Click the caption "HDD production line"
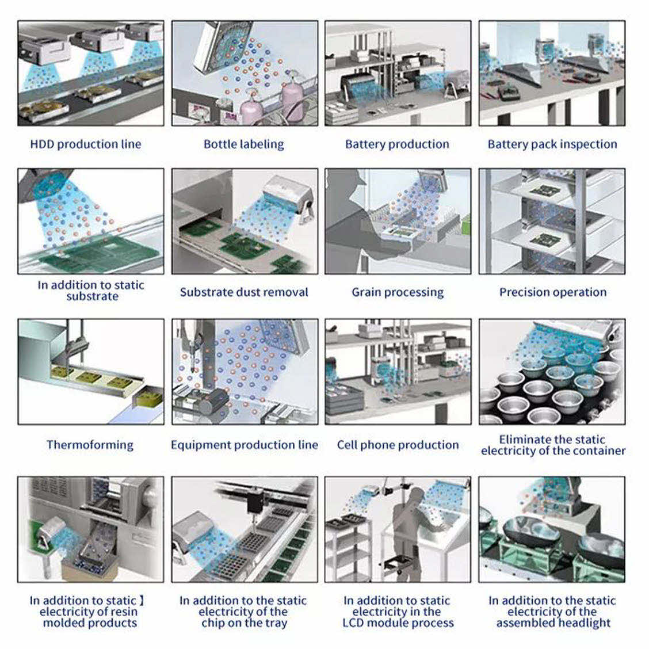click(86, 144)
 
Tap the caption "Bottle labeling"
click(244, 144)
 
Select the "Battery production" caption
click(397, 144)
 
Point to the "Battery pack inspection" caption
click(552, 144)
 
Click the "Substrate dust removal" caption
click(244, 292)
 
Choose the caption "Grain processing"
click(398, 292)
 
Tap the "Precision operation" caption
click(552, 292)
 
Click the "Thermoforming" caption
click(90, 445)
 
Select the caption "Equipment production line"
click(244, 445)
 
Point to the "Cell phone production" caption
click(398, 445)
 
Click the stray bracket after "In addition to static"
click(142, 600)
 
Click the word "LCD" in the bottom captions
click(352, 623)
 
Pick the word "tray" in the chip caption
click(274, 623)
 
